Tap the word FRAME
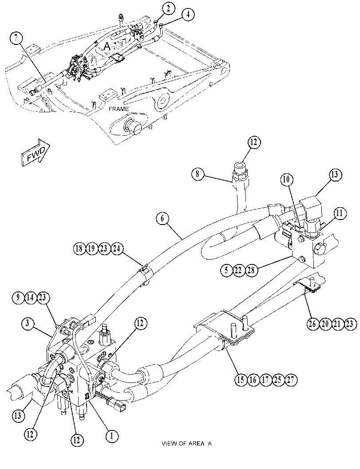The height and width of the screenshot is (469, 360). pyautogui.click(x=119, y=109)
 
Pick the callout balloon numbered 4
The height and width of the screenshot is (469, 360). pyautogui.click(x=188, y=15)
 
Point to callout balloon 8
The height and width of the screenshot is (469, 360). pyautogui.click(x=198, y=174)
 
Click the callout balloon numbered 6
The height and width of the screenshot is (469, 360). pyautogui.click(x=162, y=218)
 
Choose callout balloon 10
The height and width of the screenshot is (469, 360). pyautogui.click(x=286, y=179)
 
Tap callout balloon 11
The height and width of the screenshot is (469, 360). pyautogui.click(x=339, y=213)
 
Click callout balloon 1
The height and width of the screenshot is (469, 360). pyautogui.click(x=112, y=436)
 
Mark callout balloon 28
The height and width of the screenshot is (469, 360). pyautogui.click(x=251, y=270)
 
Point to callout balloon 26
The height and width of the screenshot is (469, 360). pyautogui.click(x=313, y=324)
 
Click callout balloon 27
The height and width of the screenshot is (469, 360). pyautogui.click(x=290, y=380)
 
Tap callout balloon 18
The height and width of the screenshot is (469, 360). pyautogui.click(x=79, y=249)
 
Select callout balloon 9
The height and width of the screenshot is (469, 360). pyautogui.click(x=18, y=298)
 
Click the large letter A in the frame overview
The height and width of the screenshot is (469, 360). pyautogui.click(x=107, y=46)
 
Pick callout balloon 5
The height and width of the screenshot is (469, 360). pyautogui.click(x=226, y=270)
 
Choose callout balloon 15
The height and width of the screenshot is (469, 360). pyautogui.click(x=240, y=380)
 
